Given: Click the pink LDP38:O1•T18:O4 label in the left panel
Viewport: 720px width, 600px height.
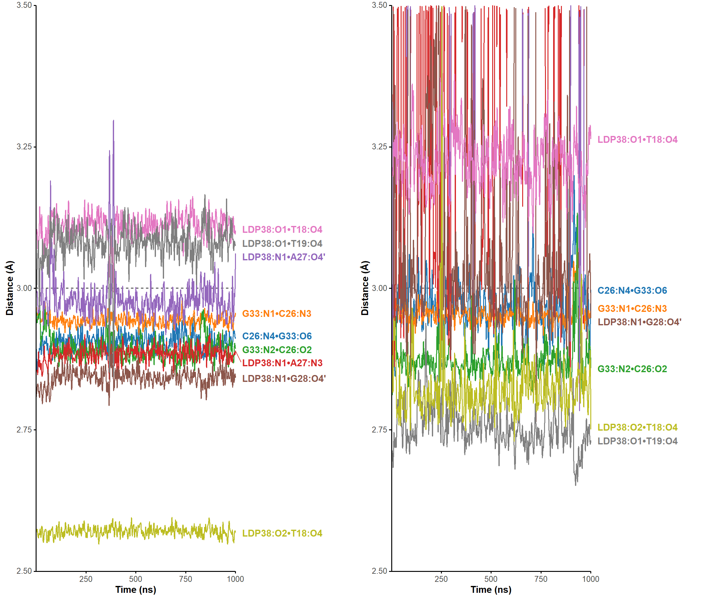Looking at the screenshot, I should tap(282, 229).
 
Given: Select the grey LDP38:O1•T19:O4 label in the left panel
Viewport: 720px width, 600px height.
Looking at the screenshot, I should tap(282, 243).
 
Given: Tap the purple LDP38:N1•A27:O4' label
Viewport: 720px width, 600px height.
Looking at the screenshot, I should tap(283, 257).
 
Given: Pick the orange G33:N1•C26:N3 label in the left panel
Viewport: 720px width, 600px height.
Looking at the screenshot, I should tap(276, 313).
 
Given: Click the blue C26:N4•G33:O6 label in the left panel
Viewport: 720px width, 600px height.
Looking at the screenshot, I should tap(277, 336).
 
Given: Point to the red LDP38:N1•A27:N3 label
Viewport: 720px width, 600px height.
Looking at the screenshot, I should tap(282, 363).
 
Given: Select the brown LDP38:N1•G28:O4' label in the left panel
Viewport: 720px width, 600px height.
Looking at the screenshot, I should tap(283, 378).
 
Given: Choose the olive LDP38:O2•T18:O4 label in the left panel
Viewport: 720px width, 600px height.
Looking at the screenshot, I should tap(282, 533).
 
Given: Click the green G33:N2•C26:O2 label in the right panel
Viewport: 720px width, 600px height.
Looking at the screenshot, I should tap(632, 369).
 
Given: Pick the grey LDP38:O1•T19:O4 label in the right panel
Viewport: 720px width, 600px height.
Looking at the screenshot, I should tap(637, 441).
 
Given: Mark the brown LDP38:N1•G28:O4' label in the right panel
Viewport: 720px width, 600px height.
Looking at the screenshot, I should tap(639, 322).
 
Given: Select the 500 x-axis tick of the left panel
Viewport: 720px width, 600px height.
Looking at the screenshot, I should tap(135, 579).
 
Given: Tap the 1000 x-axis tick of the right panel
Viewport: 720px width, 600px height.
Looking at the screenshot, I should tap(590, 579).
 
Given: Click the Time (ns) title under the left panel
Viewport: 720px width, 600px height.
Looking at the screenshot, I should tap(135, 590).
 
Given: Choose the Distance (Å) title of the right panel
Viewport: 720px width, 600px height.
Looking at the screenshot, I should tap(365, 288).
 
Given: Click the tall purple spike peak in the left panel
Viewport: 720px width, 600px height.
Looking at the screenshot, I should tap(113, 121).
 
